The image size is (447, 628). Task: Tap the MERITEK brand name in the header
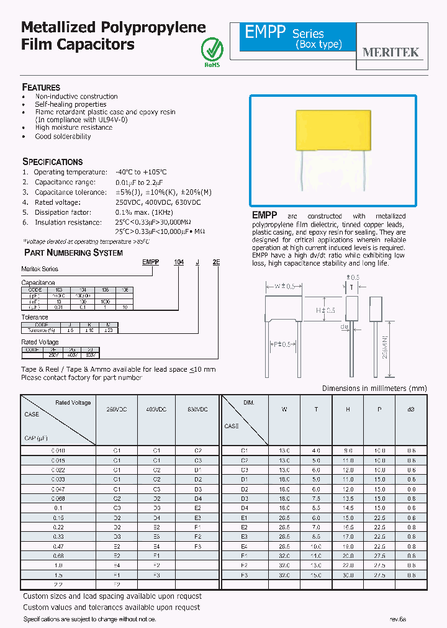(391, 53)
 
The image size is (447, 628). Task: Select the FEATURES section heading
(41, 87)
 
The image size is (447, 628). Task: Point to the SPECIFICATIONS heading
(53, 161)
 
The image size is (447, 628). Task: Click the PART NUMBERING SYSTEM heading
(73, 253)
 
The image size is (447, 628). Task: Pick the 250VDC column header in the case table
(116, 410)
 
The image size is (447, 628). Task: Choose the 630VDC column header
(197, 410)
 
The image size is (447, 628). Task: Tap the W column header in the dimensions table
(284, 410)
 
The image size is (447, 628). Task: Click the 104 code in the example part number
(179, 262)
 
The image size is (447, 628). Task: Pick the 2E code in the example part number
(216, 262)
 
